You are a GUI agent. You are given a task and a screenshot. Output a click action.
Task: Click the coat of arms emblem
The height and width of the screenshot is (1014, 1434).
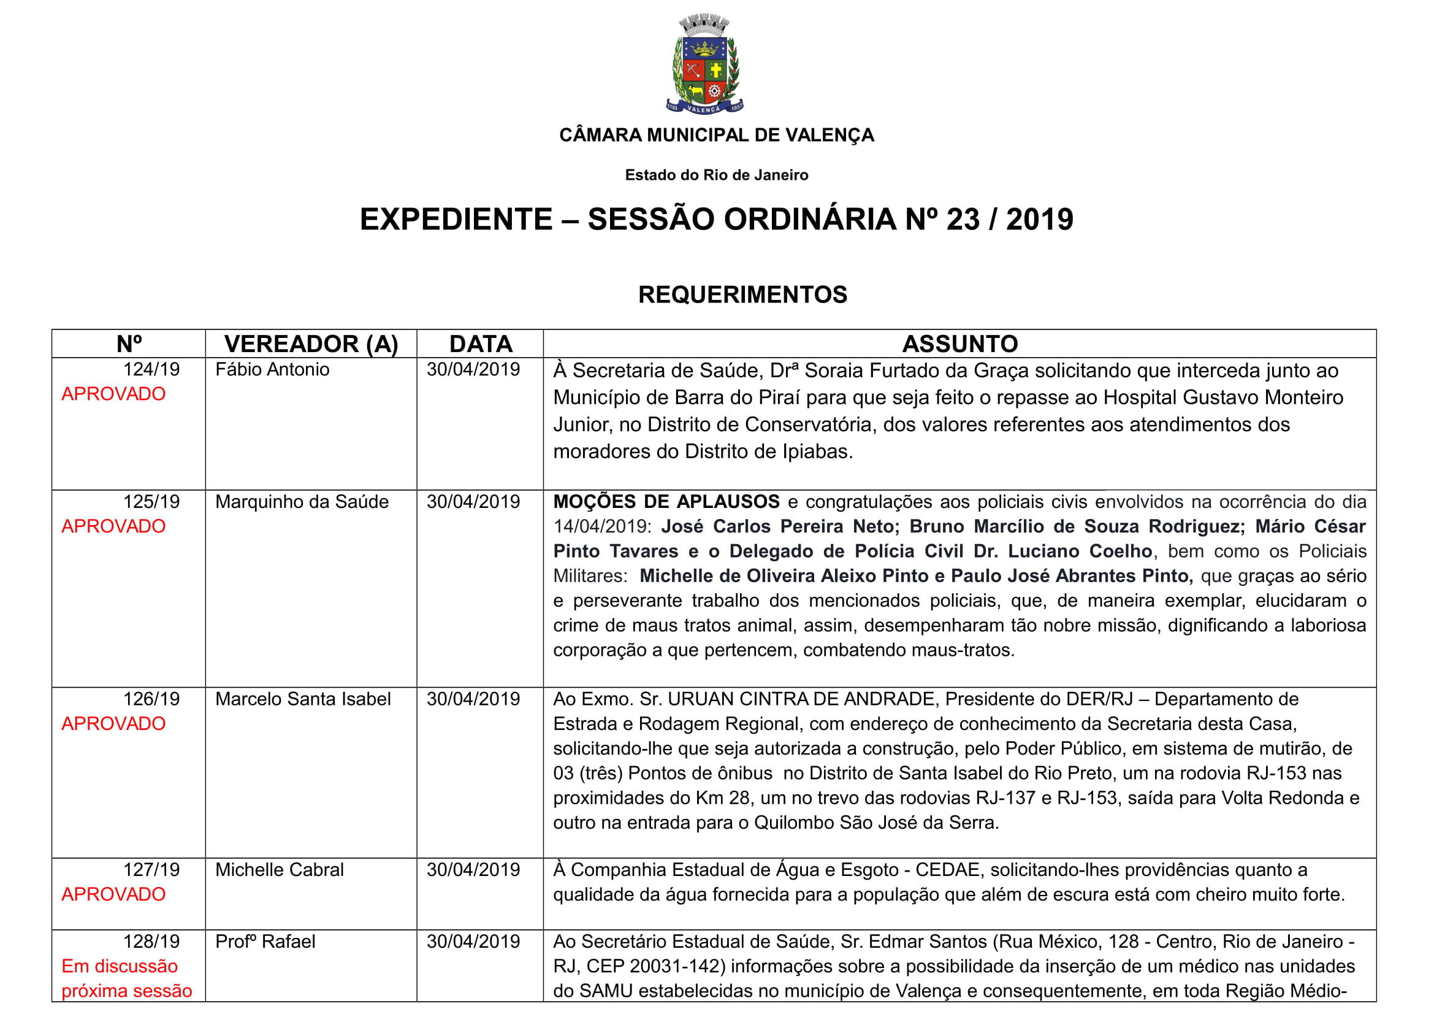coord(704,64)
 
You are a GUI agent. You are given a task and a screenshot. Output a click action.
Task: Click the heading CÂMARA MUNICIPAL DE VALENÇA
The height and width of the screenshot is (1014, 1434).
coord(716,135)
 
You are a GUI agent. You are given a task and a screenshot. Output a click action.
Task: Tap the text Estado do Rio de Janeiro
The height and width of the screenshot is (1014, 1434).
coord(716,175)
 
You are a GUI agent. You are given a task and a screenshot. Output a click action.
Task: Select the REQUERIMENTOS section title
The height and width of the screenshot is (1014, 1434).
coord(742,294)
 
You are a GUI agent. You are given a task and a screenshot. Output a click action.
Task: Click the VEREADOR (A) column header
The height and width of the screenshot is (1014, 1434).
coord(311,344)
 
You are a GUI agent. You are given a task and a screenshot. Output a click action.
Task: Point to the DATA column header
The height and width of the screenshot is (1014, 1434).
coord(480,344)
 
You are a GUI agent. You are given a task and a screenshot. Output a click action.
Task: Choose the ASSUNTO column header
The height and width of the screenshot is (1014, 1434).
coord(959,344)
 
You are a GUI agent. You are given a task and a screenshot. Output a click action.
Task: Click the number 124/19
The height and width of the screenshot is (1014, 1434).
coord(151,369)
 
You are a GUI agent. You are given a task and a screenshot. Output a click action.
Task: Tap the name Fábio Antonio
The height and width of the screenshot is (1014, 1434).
coord(272,369)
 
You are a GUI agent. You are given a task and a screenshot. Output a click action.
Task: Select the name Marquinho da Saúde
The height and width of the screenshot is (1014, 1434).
coord(302,502)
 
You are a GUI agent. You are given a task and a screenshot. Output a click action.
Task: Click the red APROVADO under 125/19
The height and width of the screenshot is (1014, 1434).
coord(113,526)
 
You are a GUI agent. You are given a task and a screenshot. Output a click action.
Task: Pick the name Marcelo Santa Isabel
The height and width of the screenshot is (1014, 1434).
coord(303,699)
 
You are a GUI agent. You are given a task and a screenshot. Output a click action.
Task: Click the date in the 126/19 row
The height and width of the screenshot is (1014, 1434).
coord(473,699)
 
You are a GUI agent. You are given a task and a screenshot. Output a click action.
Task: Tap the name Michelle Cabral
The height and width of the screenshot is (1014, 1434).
coord(279,870)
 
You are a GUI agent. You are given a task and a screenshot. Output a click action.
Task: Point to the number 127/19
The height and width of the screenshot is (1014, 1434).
coord(151,870)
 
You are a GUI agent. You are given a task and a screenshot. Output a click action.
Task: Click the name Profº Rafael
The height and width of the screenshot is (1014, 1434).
coord(265,942)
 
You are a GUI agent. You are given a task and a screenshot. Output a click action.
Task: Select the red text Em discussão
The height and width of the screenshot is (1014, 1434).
coord(120,966)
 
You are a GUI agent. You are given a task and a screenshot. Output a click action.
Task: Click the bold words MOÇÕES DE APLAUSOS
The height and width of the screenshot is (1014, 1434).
coord(666,502)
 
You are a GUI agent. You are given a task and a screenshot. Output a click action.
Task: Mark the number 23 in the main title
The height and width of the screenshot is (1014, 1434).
coord(963,219)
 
